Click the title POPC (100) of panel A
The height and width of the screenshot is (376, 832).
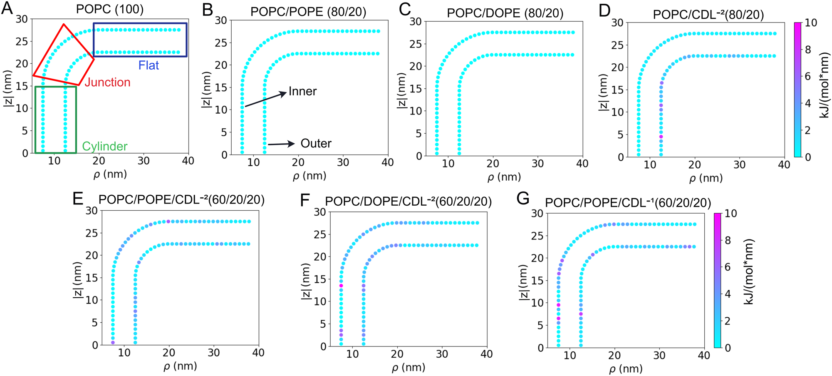109,9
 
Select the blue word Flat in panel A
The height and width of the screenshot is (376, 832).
149,65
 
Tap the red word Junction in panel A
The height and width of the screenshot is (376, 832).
107,82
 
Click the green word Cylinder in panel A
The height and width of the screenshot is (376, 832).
105,146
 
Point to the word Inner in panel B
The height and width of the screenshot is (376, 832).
302,91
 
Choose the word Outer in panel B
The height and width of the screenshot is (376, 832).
316,144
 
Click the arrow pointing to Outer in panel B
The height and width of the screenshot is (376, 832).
281,144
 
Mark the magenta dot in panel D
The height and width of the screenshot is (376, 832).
661,137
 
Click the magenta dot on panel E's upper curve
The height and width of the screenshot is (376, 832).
168,222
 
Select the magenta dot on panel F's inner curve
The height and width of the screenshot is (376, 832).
341,286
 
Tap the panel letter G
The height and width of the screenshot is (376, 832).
522,199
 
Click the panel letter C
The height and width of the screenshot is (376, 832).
404,10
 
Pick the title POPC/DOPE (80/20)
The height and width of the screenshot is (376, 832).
505,13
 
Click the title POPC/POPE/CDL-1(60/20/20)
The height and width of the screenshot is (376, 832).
628,203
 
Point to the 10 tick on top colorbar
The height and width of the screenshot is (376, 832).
811,23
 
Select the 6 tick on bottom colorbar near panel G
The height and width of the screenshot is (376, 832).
728,267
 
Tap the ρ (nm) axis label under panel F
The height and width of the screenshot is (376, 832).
408,367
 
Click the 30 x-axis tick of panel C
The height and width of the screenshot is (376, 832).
537,164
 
